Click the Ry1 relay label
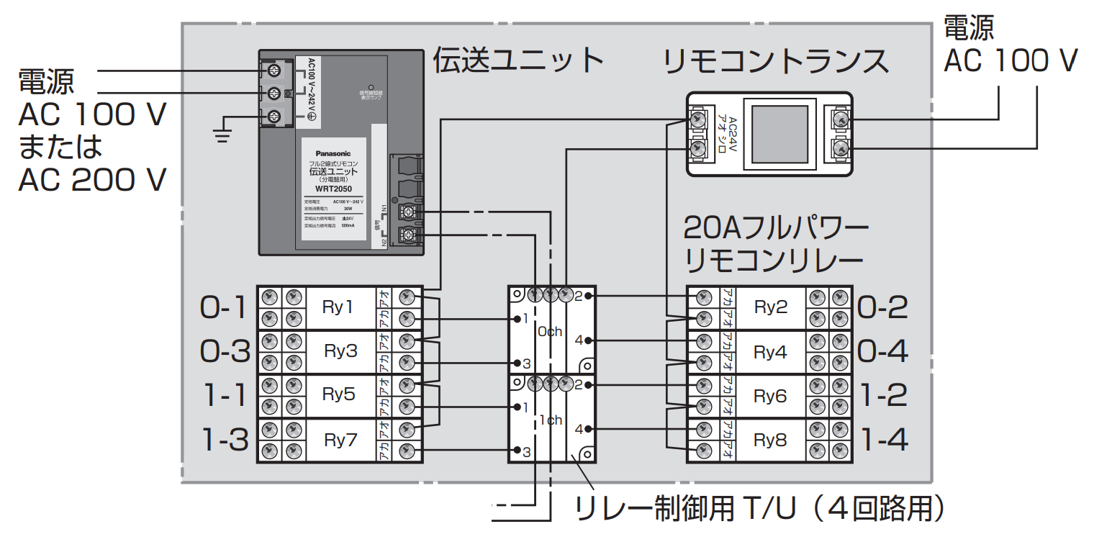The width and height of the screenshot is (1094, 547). click(338, 307)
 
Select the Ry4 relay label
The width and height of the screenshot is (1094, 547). click(770, 352)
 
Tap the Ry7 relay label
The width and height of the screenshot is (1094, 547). click(340, 440)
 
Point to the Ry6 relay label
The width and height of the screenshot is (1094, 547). click(770, 397)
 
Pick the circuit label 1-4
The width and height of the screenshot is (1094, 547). click(885, 440)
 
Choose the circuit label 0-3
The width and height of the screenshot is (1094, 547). click(225, 352)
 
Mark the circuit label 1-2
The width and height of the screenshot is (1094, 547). click(885, 397)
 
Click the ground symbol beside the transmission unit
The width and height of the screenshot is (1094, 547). click(222, 132)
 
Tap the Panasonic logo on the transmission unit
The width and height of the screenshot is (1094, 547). click(333, 153)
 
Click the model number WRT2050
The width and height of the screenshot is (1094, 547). click(333, 189)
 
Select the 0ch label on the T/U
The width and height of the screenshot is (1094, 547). click(549, 332)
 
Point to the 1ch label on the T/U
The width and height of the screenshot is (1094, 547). click(549, 420)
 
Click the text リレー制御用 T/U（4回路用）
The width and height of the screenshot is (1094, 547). click(759, 510)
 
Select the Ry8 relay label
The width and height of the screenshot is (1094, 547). click(770, 440)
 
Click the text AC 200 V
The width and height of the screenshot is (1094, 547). click(92, 179)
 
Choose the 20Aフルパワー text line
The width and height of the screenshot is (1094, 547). click(776, 229)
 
